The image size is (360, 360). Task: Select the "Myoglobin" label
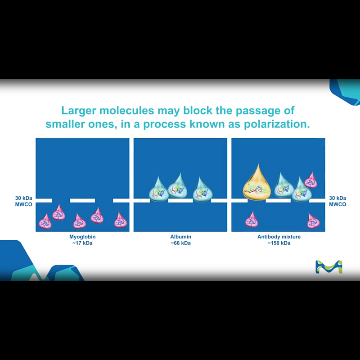pyautogui.click(x=82, y=237)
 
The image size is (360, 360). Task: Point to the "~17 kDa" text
pyautogui.click(x=82, y=243)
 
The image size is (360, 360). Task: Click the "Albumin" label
pyautogui.click(x=180, y=237)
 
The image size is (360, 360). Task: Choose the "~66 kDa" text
pyautogui.click(x=180, y=243)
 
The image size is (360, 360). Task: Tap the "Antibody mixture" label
pyautogui.click(x=279, y=237)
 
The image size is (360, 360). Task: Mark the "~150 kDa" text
pyautogui.click(x=279, y=243)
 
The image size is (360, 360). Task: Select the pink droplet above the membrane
pyautogui.click(x=310, y=180)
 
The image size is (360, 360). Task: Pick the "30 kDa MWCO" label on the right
pyautogui.click(x=337, y=201)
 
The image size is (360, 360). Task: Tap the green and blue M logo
pyautogui.click(x=328, y=266)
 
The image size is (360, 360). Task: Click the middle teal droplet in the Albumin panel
pyautogui.click(x=178, y=187)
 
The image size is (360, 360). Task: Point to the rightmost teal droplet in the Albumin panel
pyautogui.click(x=202, y=190)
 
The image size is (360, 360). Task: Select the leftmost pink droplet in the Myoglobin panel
pyautogui.click(x=45, y=222)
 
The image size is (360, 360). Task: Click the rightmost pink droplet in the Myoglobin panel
pyautogui.click(x=120, y=220)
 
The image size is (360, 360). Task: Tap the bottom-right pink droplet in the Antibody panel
pyautogui.click(x=313, y=221)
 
